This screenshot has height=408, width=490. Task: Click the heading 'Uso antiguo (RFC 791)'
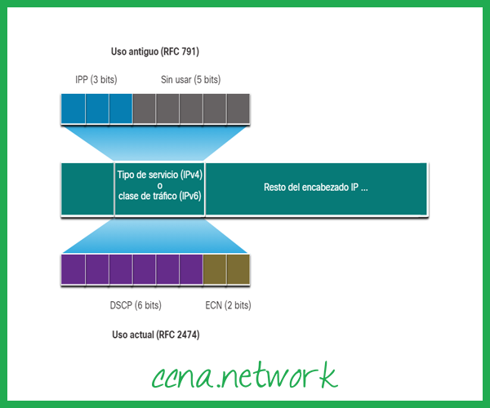click(x=155, y=51)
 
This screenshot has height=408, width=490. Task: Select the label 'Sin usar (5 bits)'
click(x=190, y=80)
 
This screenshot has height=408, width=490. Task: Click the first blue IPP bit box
click(x=73, y=108)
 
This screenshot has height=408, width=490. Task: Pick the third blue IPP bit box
click(x=120, y=108)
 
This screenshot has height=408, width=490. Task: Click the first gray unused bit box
click(x=144, y=108)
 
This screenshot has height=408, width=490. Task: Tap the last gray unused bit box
click(x=238, y=108)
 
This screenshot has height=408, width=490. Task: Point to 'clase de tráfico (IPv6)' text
click(x=160, y=197)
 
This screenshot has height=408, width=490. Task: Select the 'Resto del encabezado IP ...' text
click(x=316, y=187)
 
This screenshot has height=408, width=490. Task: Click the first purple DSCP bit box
click(x=73, y=268)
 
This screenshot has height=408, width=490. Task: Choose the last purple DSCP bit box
click(x=190, y=268)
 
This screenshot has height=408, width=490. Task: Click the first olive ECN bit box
click(x=214, y=268)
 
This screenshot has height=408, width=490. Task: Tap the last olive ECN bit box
click(x=238, y=268)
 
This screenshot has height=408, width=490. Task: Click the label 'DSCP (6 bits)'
click(x=136, y=305)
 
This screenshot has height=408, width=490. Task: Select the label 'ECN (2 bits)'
click(x=228, y=305)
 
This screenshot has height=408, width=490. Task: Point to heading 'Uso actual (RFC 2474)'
click(x=156, y=335)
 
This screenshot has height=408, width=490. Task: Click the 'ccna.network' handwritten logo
click(x=245, y=375)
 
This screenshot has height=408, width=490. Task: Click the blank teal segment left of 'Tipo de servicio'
click(x=87, y=188)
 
